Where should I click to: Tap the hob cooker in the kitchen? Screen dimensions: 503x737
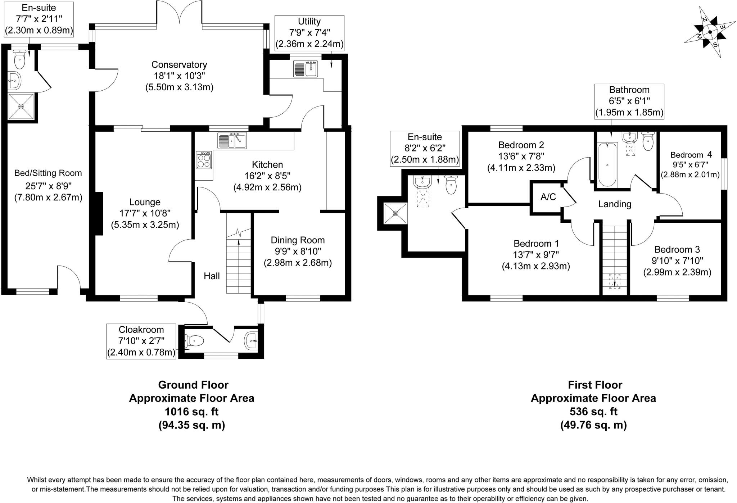point(204,159)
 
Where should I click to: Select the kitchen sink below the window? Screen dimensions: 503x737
point(232,140)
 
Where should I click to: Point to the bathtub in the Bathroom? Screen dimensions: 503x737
point(607,164)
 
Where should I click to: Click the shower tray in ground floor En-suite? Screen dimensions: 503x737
point(21,107)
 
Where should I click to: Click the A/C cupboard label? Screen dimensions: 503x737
point(548,197)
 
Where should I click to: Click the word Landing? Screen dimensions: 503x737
point(615,204)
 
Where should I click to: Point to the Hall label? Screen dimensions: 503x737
point(212,276)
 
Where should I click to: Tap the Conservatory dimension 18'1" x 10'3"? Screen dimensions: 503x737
point(179,76)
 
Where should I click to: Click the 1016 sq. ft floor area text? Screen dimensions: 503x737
point(191,412)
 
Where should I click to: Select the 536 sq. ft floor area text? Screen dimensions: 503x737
point(593,412)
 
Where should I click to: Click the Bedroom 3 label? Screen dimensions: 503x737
point(677,249)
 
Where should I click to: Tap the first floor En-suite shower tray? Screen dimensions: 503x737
point(395,213)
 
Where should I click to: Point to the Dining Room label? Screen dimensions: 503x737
point(298,240)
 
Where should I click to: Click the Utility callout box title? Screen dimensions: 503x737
point(309,21)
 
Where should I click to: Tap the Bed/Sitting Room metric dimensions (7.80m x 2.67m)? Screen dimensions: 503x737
point(48,197)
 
